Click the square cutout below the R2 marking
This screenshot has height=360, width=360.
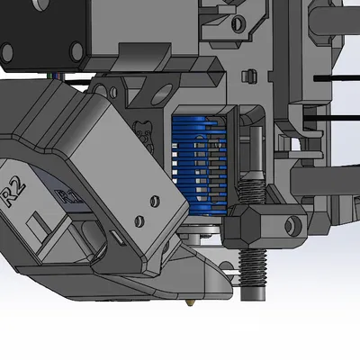tap(33, 220)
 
